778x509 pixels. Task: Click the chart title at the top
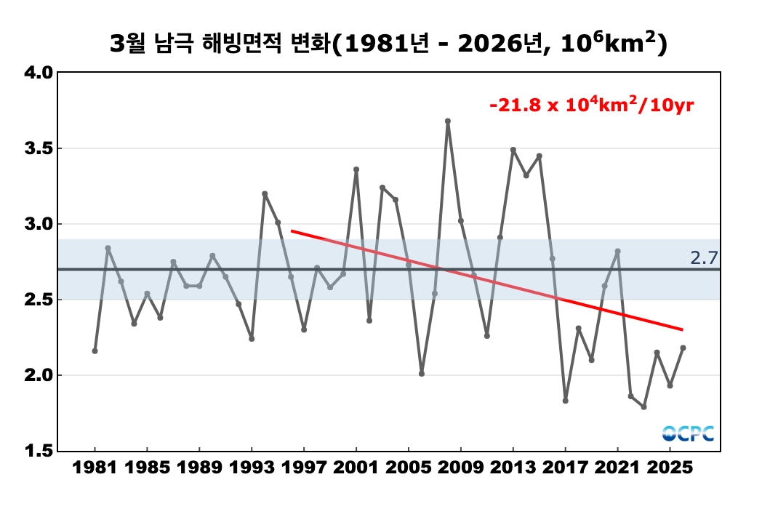click(388, 44)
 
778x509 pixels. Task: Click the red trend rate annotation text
click(592, 105)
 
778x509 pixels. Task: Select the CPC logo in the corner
click(687, 433)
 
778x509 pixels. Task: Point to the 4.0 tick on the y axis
click(37, 73)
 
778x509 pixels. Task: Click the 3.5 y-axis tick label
click(37, 148)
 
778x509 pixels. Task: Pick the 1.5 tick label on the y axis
click(37, 451)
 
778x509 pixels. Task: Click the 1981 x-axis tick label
click(95, 470)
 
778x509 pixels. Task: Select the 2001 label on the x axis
click(356, 470)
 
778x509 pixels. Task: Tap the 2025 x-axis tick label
click(670, 470)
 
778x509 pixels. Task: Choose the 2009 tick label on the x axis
click(461, 470)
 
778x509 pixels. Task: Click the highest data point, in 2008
click(448, 121)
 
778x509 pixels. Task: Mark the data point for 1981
click(95, 350)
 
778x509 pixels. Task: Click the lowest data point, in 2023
click(643, 407)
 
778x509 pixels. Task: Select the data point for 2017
click(565, 401)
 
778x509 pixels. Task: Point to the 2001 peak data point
click(356, 169)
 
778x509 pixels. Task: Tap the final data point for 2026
click(683, 348)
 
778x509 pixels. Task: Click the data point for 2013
click(513, 150)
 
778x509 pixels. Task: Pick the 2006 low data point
click(422, 374)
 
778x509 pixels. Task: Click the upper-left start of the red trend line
click(292, 231)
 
